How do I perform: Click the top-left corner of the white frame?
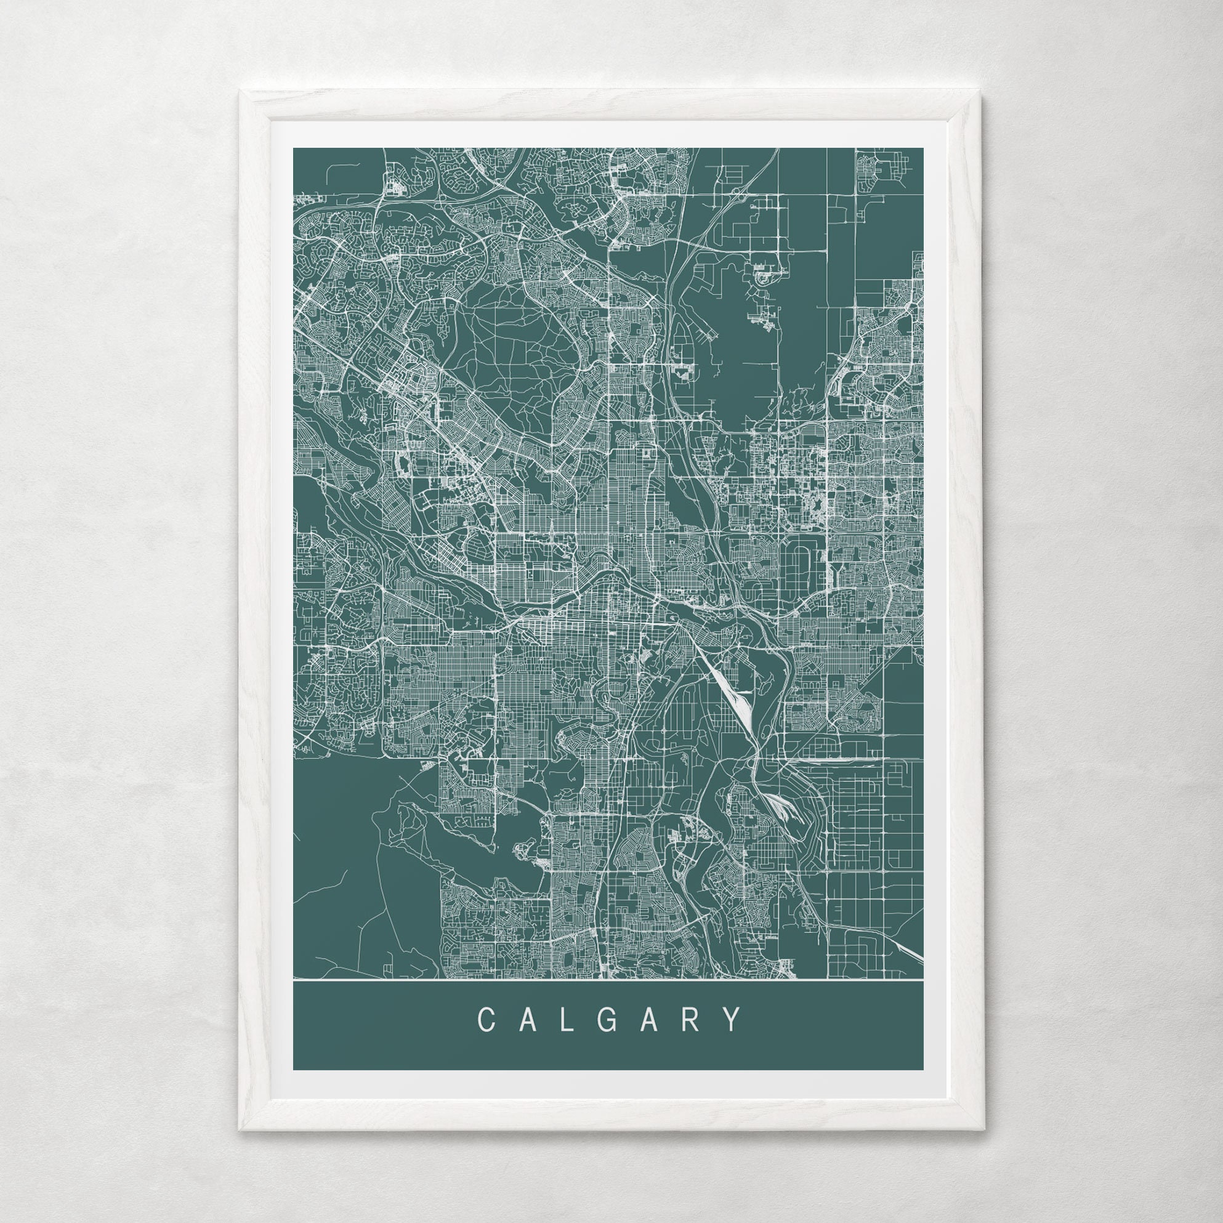click(x=240, y=91)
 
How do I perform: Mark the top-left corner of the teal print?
click(x=294, y=149)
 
